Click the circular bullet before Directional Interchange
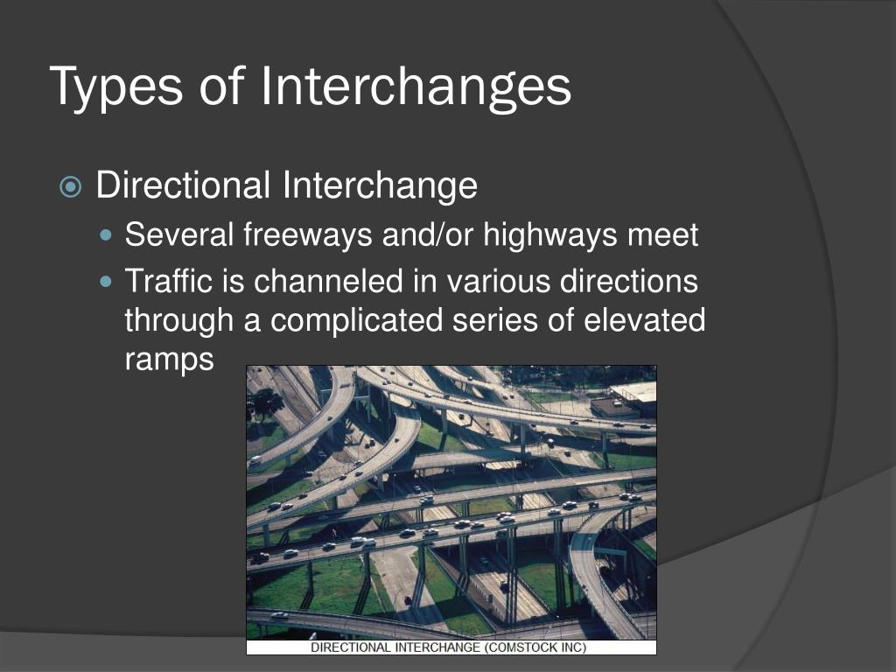click(x=71, y=187)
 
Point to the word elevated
click(x=644, y=320)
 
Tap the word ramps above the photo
click(x=169, y=359)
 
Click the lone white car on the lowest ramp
click(x=280, y=615)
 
